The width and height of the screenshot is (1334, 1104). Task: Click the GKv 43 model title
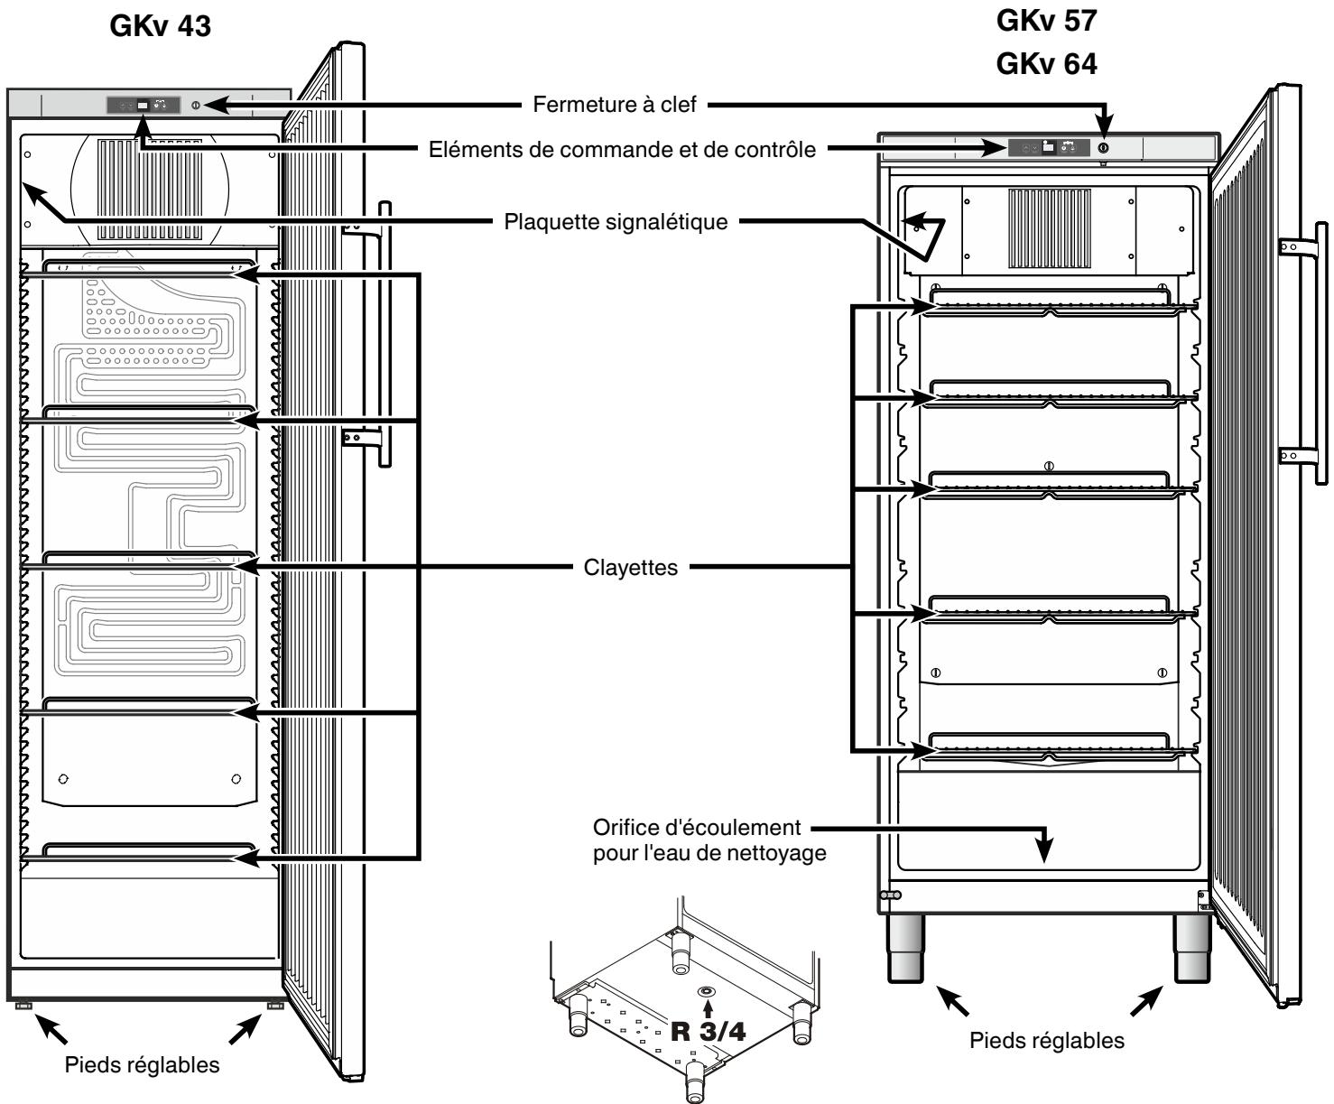[161, 26]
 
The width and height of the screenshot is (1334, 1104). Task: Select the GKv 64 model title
[1046, 64]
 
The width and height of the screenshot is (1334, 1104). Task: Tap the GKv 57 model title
[1046, 21]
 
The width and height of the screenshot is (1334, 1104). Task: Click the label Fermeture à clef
[614, 104]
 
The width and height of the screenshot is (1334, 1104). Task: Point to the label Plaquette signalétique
[616, 222]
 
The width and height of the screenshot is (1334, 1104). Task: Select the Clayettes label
[631, 567]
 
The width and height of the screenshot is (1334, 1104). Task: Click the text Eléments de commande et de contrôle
[622, 150]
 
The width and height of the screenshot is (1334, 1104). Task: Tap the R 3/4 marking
[708, 1032]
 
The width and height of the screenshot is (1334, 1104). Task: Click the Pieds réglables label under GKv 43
[142, 1065]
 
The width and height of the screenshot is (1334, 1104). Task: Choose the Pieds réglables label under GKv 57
[1046, 1040]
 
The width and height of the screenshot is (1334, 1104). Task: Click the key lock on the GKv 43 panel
[196, 106]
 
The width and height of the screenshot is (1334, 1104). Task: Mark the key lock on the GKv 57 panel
[1103, 148]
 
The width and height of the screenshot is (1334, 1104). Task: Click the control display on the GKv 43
[144, 106]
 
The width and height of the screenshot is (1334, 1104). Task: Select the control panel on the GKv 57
[1049, 147]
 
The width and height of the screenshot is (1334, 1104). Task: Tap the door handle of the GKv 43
[384, 334]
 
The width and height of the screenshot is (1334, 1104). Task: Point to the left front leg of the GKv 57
[905, 949]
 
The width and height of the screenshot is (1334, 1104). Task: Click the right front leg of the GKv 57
[1191, 949]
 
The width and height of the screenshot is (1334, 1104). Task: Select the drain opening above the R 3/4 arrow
[707, 991]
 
